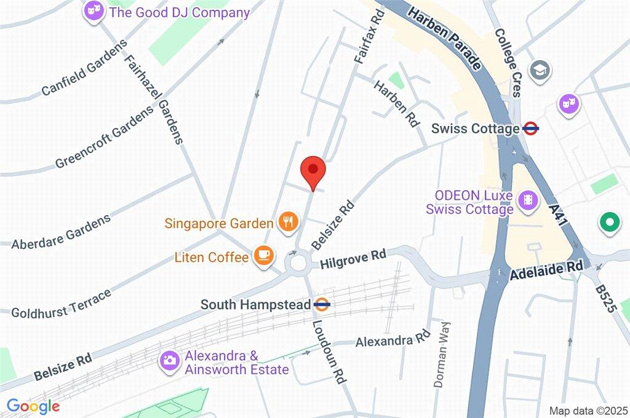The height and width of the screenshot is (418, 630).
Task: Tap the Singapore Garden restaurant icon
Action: click(x=288, y=222)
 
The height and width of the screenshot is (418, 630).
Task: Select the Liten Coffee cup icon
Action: click(x=263, y=254)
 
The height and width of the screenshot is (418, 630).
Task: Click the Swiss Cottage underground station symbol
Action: click(x=531, y=129)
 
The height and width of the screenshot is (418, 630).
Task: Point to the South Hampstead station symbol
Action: click(x=322, y=304)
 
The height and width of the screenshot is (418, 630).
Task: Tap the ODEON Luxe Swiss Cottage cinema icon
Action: click(x=527, y=200)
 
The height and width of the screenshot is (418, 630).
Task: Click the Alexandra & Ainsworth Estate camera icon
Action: click(x=169, y=361)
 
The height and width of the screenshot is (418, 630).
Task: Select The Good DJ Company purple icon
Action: click(x=94, y=10)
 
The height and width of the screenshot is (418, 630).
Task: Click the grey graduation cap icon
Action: click(x=540, y=69)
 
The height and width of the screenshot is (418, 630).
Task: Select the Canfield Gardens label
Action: click(x=84, y=69)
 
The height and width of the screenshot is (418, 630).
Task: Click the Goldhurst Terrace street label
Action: click(x=62, y=303)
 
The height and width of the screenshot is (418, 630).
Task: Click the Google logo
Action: click(x=33, y=406)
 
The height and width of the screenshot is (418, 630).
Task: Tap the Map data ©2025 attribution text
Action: click(x=588, y=410)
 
